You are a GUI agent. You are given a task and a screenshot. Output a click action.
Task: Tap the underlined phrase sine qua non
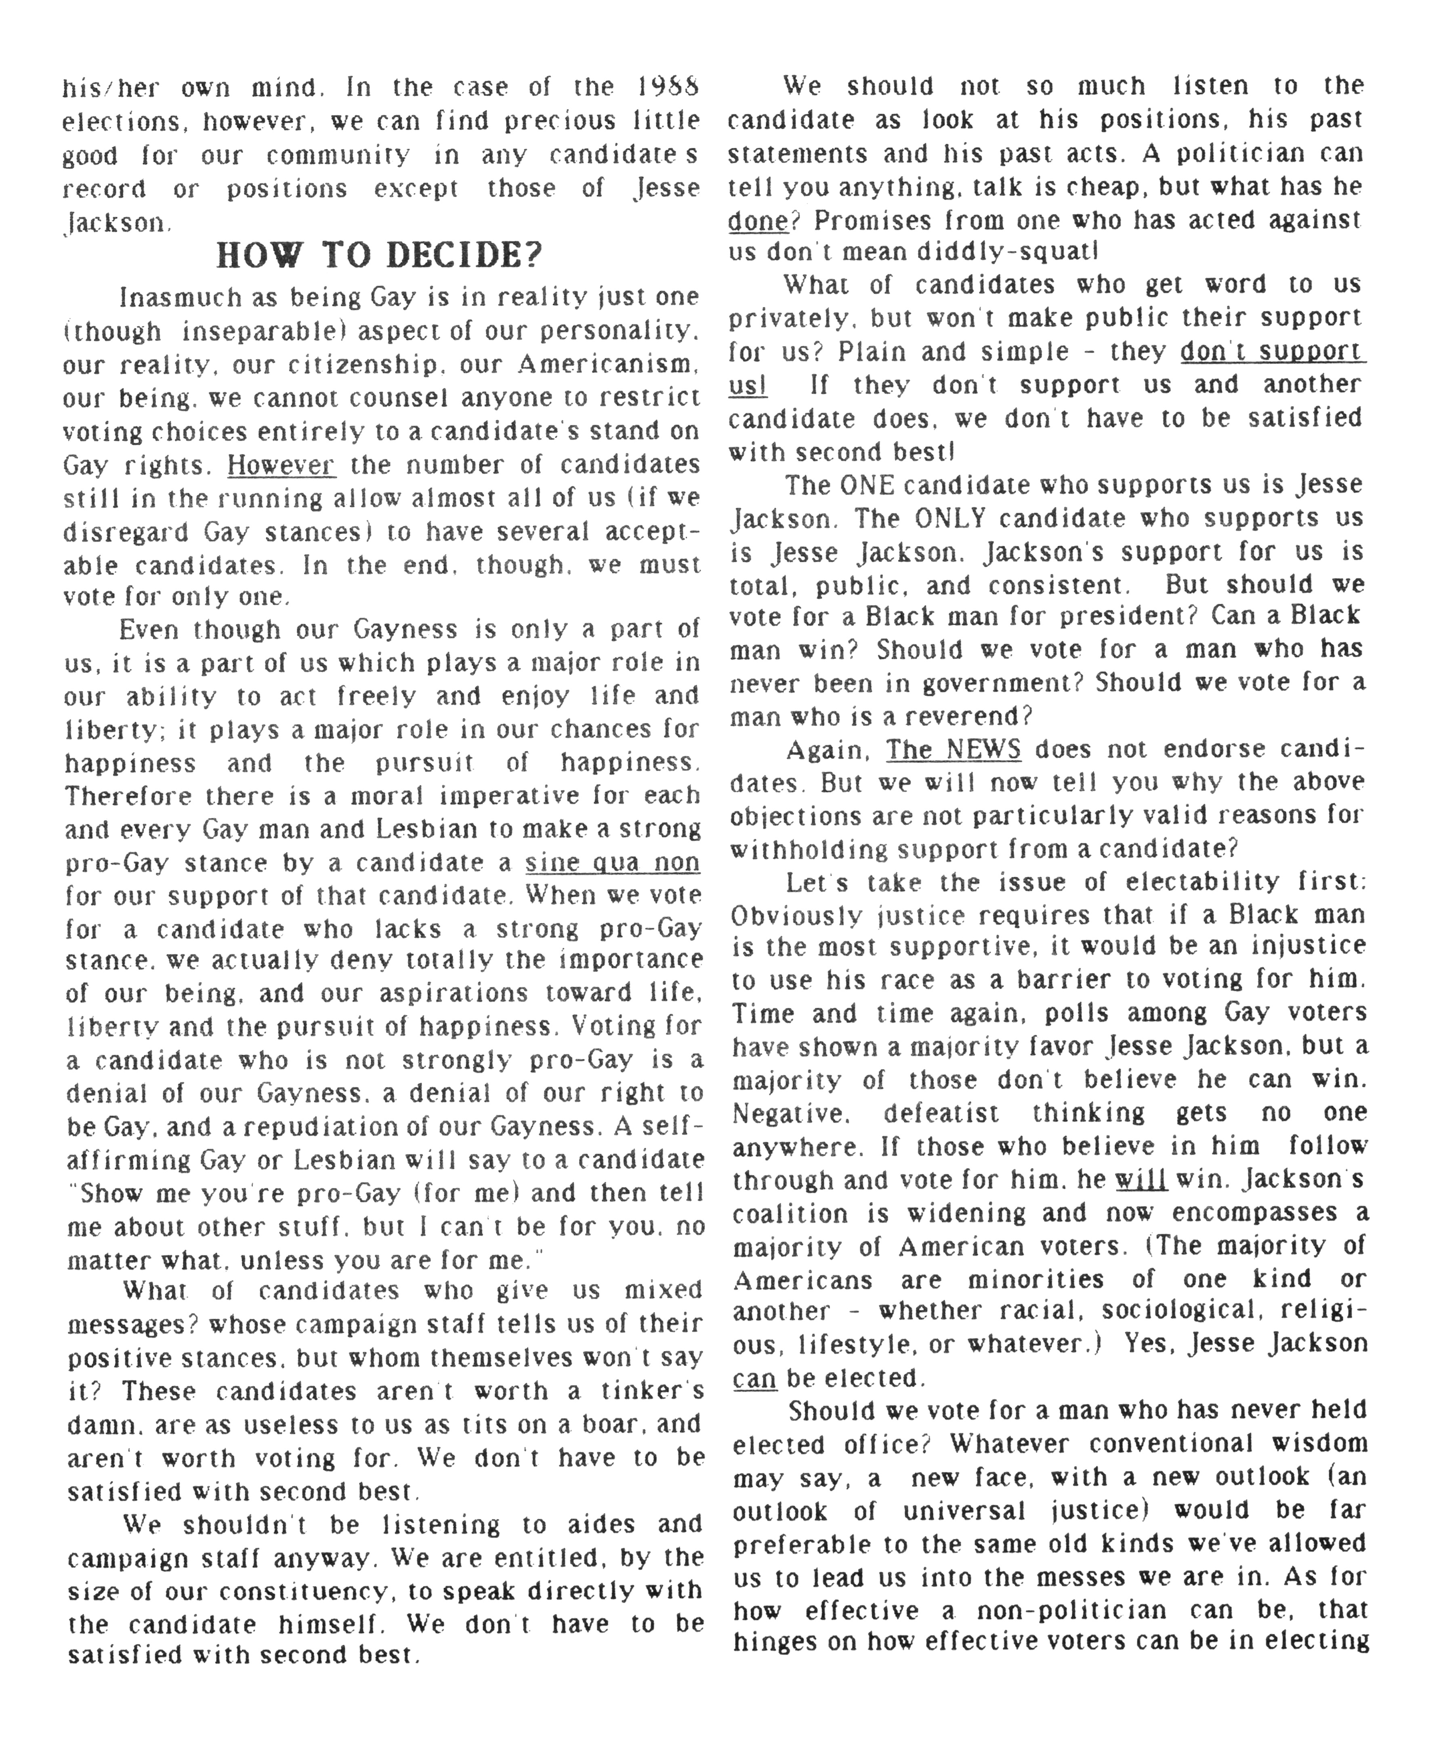pos(613,863)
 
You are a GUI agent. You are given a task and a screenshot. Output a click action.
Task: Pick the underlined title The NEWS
pos(953,749)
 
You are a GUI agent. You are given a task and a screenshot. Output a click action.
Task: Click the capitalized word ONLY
pos(952,518)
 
